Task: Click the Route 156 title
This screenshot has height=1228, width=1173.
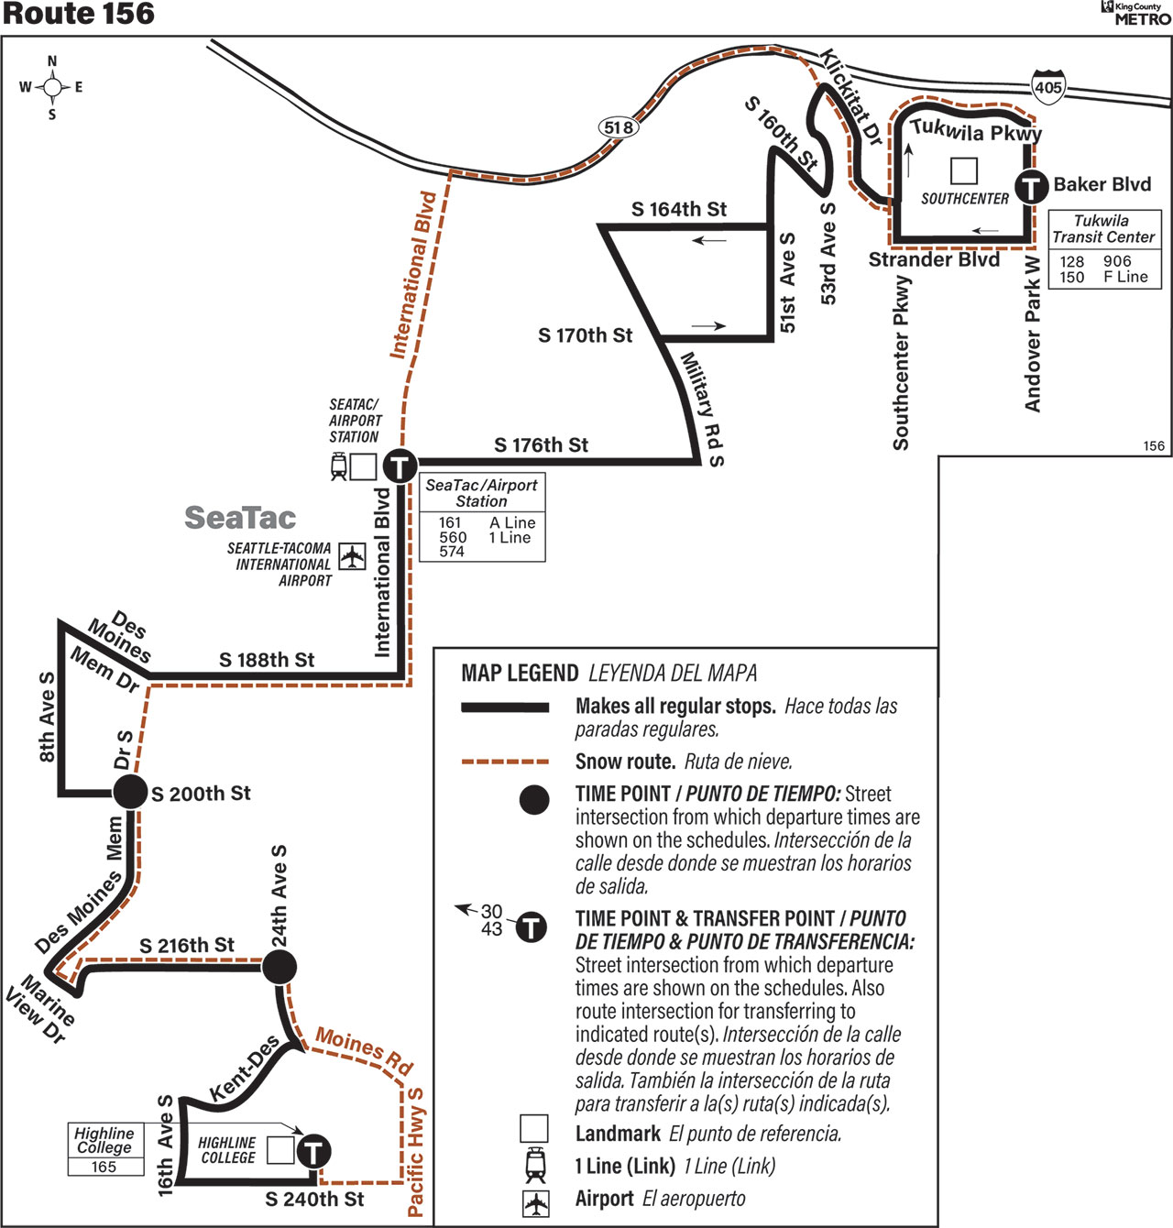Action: click(x=78, y=14)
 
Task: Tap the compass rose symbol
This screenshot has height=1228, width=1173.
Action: click(x=51, y=87)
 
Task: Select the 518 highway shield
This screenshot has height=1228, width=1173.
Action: click(x=618, y=128)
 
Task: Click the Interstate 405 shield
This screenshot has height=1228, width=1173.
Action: click(x=1048, y=86)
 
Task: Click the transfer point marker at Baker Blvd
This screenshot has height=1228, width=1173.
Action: click(x=1031, y=187)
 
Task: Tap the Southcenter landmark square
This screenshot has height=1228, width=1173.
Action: click(x=964, y=170)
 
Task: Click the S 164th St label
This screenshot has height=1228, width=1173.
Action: click(x=679, y=210)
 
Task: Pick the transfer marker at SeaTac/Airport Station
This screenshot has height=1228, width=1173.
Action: click(x=400, y=466)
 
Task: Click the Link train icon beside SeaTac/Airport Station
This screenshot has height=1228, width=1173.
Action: click(x=339, y=466)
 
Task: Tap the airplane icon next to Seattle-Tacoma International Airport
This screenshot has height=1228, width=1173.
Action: click(x=352, y=556)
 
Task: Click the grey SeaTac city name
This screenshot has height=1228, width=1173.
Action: click(x=240, y=518)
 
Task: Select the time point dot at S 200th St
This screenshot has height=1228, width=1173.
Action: click(x=130, y=791)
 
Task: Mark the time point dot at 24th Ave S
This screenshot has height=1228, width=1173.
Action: click(x=279, y=966)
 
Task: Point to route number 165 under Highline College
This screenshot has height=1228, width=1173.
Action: click(x=104, y=1167)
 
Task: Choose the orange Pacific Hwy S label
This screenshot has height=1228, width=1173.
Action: click(x=416, y=1152)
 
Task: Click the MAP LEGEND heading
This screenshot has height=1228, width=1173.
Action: click(x=520, y=674)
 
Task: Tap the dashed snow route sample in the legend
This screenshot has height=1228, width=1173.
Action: click(x=505, y=762)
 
